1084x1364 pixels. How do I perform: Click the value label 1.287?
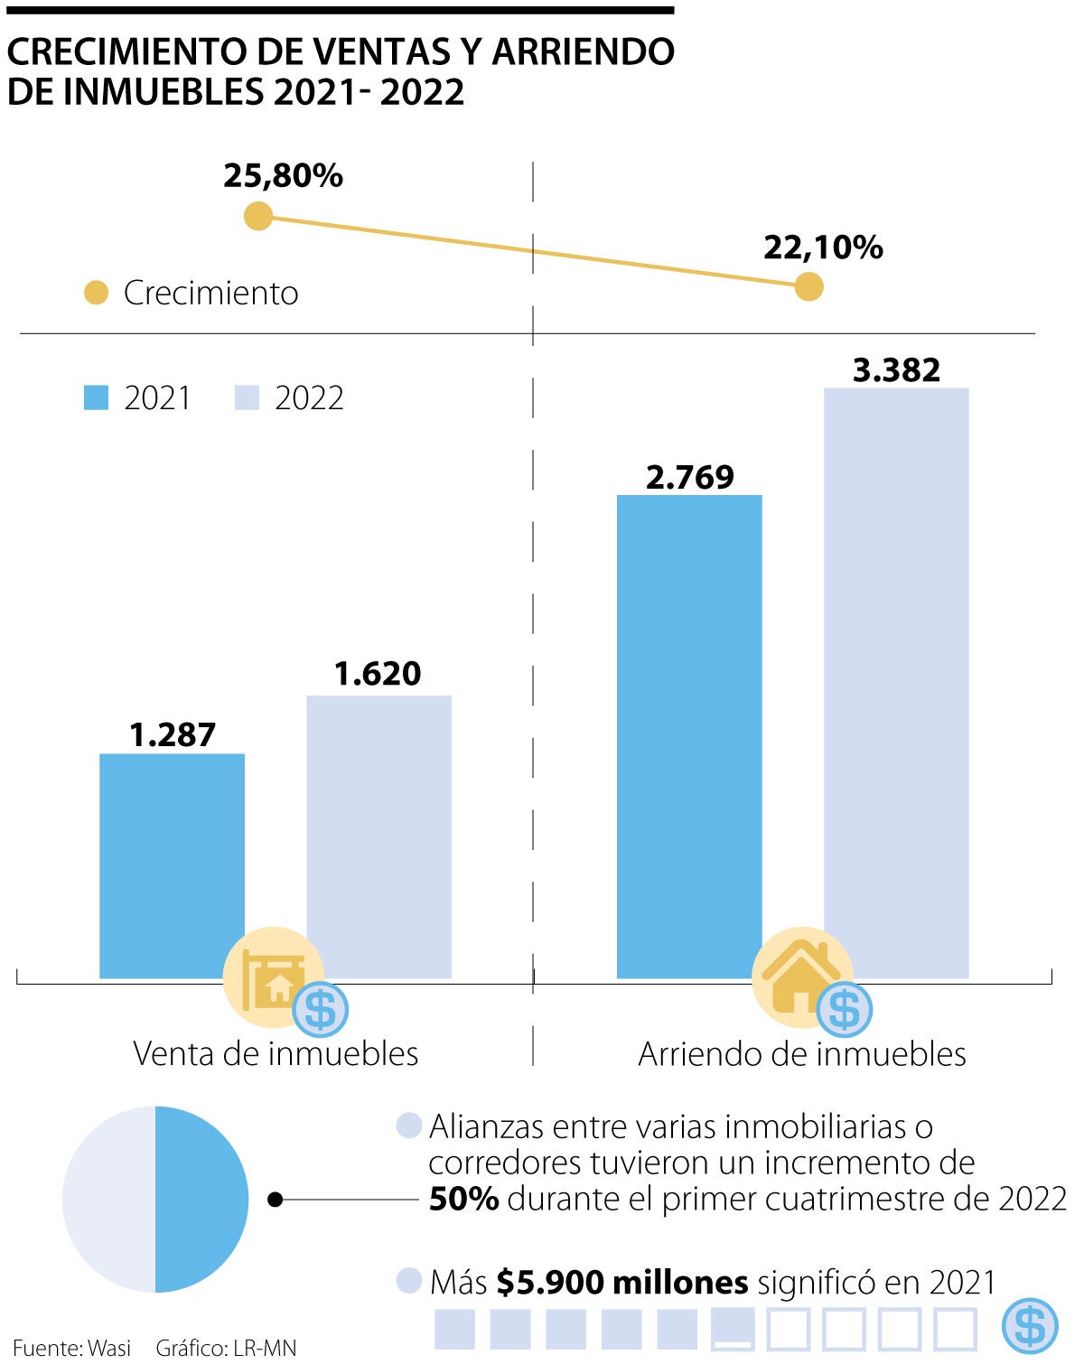173,735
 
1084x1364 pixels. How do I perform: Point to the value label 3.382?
896,369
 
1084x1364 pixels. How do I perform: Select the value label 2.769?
690,477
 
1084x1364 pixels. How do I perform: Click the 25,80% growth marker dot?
258,216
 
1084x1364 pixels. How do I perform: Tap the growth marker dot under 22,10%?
808,287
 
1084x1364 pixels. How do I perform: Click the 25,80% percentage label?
284,175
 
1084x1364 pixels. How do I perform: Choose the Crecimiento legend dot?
96,293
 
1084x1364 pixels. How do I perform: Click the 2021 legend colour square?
96,397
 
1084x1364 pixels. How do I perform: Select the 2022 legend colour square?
247,397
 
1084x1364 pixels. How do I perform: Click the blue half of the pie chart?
201,1200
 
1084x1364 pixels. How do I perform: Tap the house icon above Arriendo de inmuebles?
800,976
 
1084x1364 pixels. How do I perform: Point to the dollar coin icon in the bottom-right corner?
1030,1324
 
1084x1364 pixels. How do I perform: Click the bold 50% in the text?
463,1199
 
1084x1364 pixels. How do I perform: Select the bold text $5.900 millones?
622,1282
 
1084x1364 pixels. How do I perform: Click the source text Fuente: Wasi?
71,1348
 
